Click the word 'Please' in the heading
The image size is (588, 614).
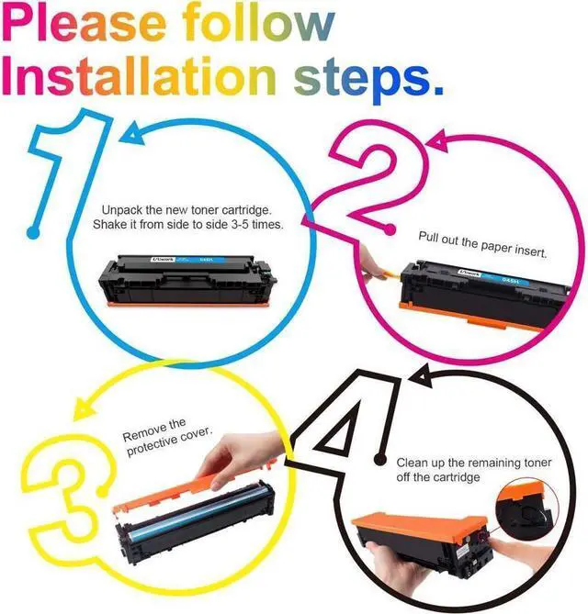[x=85, y=24]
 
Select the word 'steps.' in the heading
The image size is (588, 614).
[x=369, y=80]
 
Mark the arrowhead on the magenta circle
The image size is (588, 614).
[x=438, y=141]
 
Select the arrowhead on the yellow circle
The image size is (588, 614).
[x=84, y=407]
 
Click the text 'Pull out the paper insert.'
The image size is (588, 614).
[x=482, y=244]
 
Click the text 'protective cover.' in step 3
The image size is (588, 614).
[x=169, y=441]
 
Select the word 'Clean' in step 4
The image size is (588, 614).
[x=412, y=463]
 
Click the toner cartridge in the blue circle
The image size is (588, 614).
[x=187, y=280]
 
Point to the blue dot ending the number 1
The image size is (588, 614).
[x=34, y=232]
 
